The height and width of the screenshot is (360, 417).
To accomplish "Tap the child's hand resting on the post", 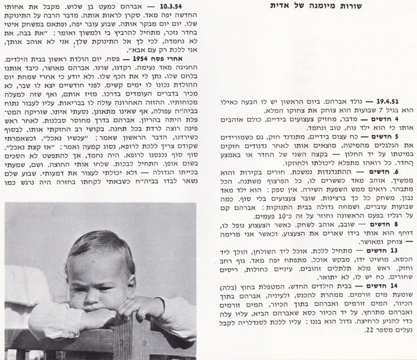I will (135, 307).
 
